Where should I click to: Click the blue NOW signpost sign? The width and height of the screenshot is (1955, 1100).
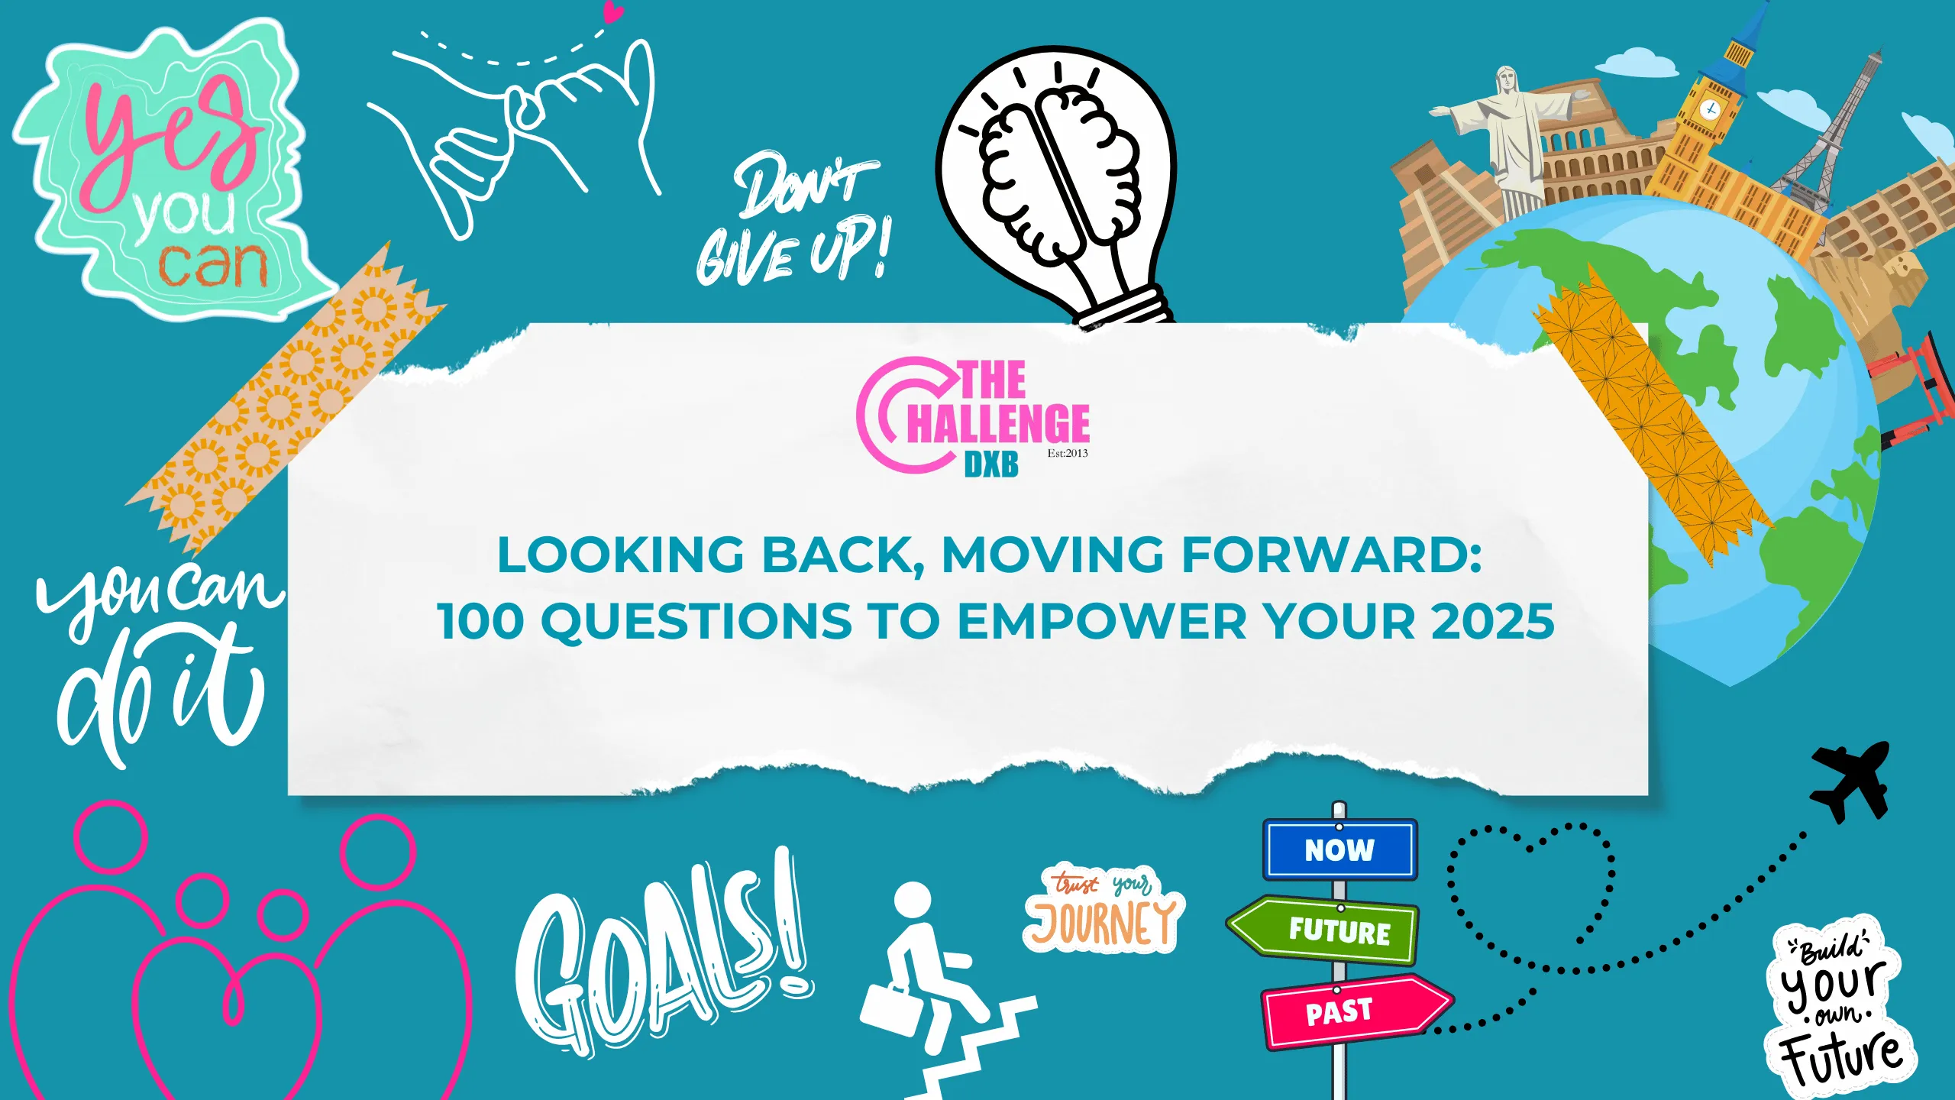pos(1339,849)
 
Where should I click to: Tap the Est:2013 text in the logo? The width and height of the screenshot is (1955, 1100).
pos(1067,453)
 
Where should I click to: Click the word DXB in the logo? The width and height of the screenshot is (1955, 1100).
pos(990,464)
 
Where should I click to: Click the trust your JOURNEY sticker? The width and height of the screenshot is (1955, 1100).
pos(1104,909)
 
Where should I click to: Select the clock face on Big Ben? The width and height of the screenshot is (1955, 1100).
pos(1711,108)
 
